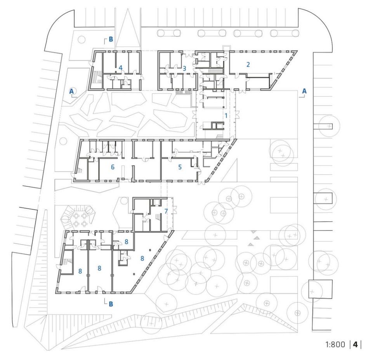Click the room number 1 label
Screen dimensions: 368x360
click(226, 116)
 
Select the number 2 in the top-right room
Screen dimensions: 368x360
click(248, 64)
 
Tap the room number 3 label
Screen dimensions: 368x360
click(184, 68)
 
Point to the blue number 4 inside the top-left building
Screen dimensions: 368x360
click(121, 68)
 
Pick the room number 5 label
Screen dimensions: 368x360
click(180, 167)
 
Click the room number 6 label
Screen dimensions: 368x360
click(113, 167)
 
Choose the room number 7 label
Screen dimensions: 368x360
click(166, 211)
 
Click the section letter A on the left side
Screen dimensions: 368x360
click(71, 91)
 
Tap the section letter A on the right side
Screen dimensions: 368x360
click(304, 91)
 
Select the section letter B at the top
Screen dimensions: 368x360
click(111, 40)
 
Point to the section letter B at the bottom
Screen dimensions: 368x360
click(111, 304)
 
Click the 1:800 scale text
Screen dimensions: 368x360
click(335, 344)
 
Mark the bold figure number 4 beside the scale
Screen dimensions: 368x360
click(355, 344)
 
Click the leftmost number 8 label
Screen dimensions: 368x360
click(80, 271)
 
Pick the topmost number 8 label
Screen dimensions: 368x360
click(127, 242)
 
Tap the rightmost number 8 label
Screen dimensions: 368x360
click(142, 258)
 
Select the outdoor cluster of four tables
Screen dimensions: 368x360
click(80, 219)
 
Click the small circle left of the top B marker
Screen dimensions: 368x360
click(82, 40)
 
